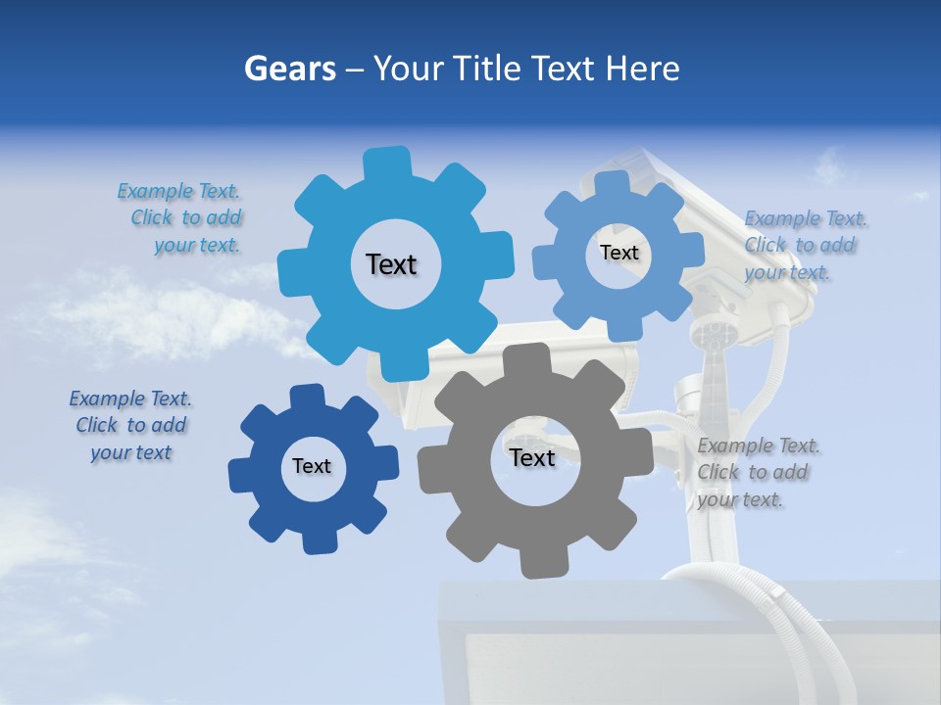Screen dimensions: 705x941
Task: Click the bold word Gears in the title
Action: coord(288,69)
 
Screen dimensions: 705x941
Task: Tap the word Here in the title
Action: coord(643,69)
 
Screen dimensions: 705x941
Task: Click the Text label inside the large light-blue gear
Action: coord(391,264)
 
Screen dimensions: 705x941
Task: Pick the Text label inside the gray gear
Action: coord(532,457)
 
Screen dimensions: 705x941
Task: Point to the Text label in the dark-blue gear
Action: coord(312,466)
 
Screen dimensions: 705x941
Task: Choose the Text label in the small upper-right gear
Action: coord(619,253)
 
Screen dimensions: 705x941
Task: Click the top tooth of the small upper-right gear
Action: coord(613,184)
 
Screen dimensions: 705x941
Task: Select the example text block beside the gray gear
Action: coord(759,472)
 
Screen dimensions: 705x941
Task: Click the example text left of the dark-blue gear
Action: coord(130,425)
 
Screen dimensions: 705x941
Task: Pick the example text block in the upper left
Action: coord(180,217)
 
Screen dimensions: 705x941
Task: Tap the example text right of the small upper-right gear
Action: coord(805,245)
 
